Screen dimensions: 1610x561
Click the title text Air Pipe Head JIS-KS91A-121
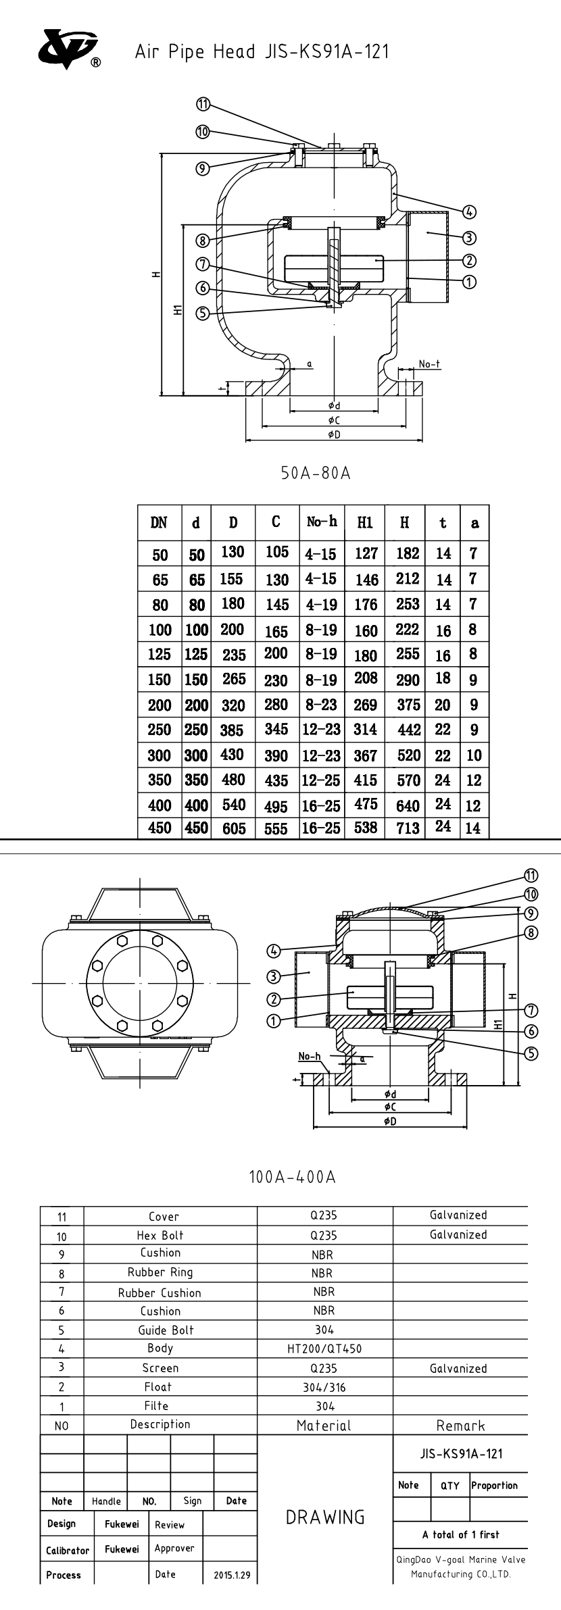pyautogui.click(x=262, y=52)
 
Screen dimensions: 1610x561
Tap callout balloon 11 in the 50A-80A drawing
pyautogui.click(x=203, y=104)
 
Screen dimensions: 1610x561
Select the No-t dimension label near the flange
pyautogui.click(x=429, y=364)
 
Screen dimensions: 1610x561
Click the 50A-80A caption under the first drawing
pyautogui.click(x=316, y=473)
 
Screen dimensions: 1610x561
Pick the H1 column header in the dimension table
pyautogui.click(x=365, y=523)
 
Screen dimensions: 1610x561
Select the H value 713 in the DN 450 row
pyautogui.click(x=408, y=828)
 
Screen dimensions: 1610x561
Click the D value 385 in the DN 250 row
pyautogui.click(x=233, y=730)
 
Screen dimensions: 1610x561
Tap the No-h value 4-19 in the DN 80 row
pyautogui.click(x=321, y=605)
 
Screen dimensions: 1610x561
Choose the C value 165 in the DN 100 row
pyautogui.click(x=276, y=631)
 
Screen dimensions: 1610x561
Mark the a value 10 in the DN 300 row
pyautogui.click(x=474, y=755)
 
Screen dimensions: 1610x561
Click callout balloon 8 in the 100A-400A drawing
pyautogui.click(x=531, y=933)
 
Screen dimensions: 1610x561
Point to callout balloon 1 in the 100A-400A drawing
pyautogui.click(x=274, y=1021)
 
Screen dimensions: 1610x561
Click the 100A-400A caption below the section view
pyautogui.click(x=292, y=1177)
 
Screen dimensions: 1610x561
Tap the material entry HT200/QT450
pyautogui.click(x=324, y=1349)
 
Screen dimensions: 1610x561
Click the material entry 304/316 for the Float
pyautogui.click(x=324, y=1387)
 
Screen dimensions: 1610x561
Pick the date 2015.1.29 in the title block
pyautogui.click(x=232, y=1575)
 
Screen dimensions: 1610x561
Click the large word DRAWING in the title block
pyautogui.click(x=324, y=1517)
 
